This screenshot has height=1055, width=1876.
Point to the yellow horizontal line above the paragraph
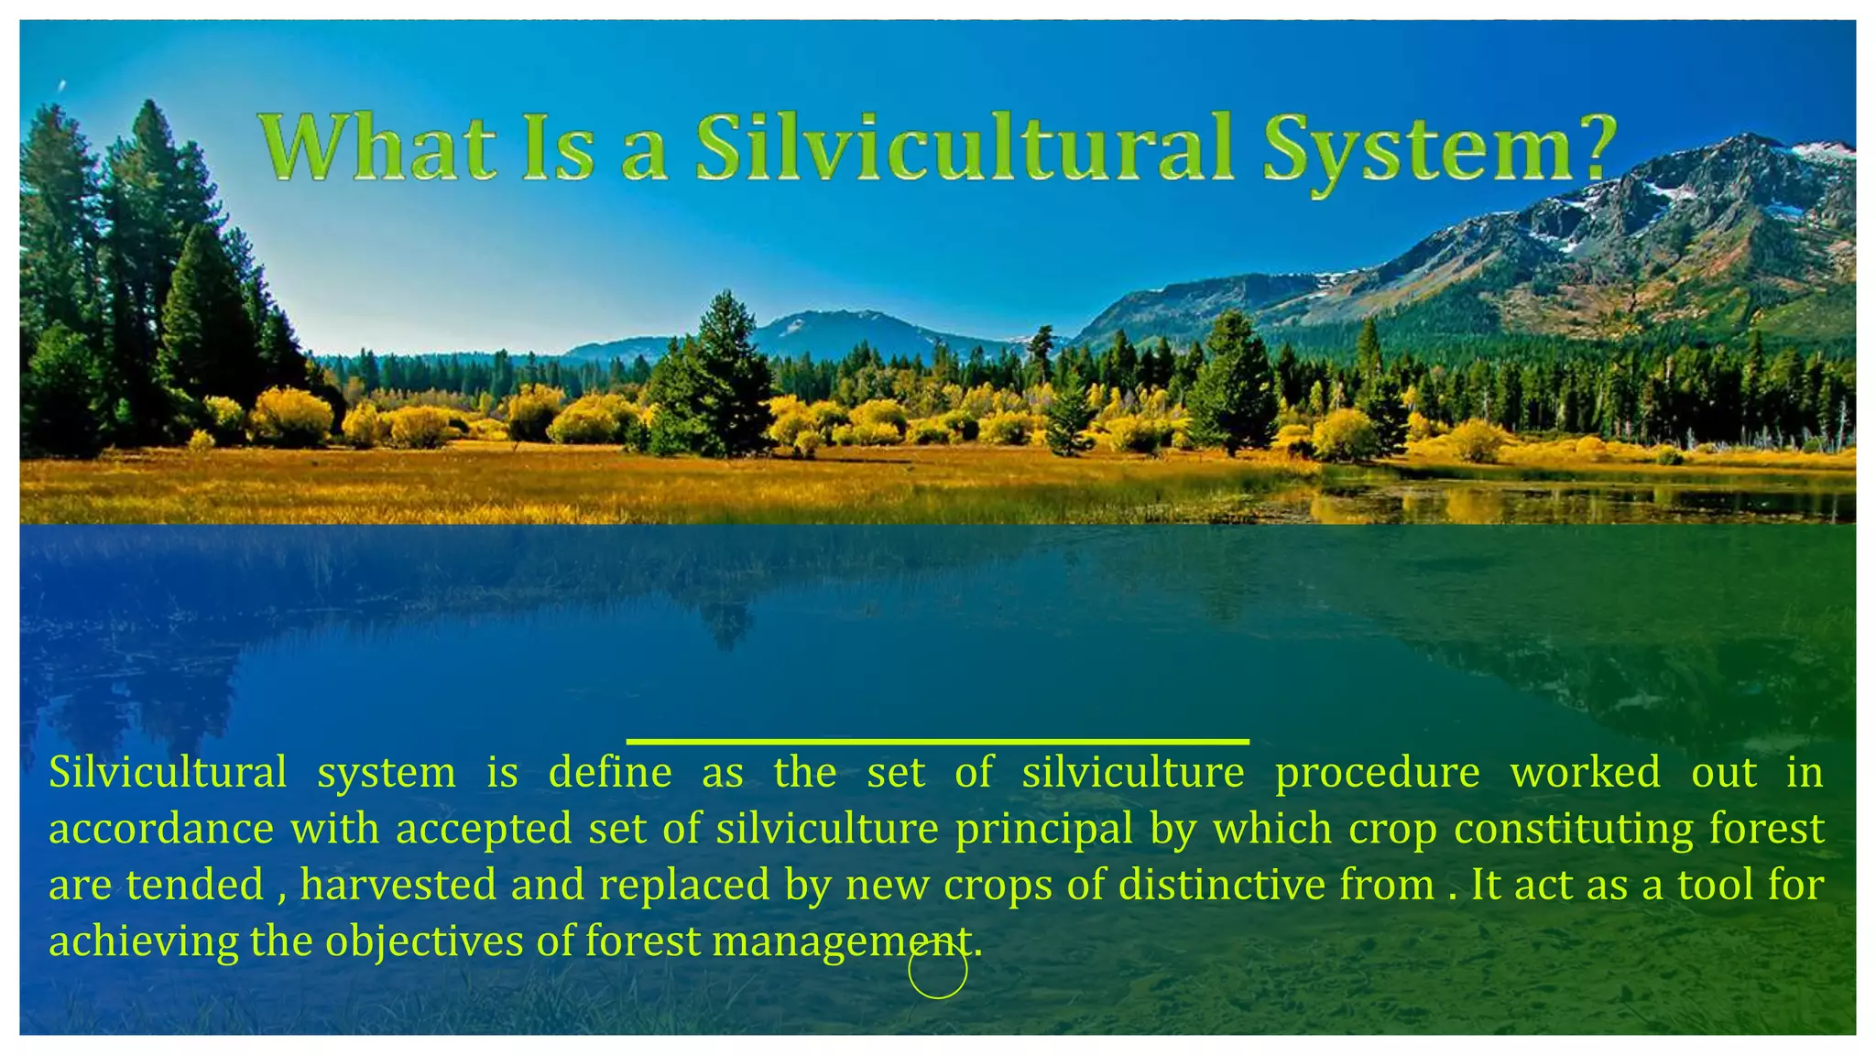[x=938, y=741]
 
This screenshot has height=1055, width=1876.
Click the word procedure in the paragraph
[x=1377, y=772]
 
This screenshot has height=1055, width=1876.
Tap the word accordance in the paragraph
[x=161, y=829]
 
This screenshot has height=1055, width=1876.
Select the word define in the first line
[x=610, y=772]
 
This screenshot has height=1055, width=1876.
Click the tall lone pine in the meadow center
[x=720, y=375]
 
